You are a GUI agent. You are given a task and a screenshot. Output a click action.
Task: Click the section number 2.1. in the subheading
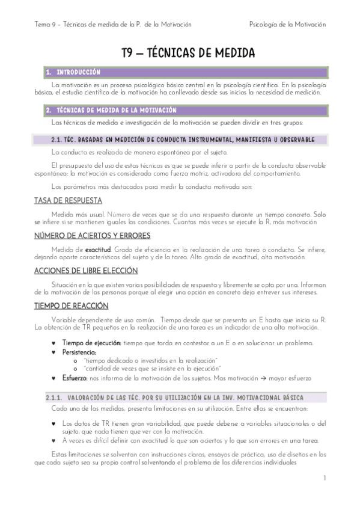click(x=59, y=140)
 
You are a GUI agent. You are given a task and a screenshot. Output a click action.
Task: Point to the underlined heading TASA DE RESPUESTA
click(x=68, y=201)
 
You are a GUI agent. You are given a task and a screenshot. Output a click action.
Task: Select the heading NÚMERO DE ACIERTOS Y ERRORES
click(x=92, y=236)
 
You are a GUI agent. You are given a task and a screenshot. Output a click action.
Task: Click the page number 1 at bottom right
click(x=324, y=478)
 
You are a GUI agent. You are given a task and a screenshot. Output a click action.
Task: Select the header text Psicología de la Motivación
click(x=287, y=25)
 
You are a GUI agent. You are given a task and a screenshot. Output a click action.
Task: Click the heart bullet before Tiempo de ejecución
click(x=55, y=343)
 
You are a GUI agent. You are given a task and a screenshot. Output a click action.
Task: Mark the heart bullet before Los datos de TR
click(x=55, y=423)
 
